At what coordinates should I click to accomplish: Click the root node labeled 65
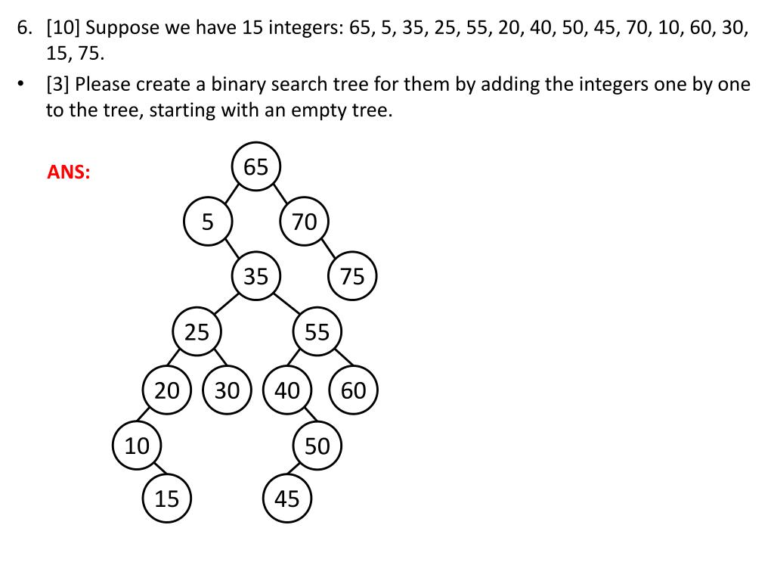(x=256, y=166)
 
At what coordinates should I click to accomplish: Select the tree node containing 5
(x=208, y=222)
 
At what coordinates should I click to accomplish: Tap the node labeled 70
(x=304, y=222)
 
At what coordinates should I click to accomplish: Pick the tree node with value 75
(x=352, y=277)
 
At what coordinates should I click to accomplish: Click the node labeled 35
(x=256, y=277)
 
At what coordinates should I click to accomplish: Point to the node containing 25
(x=197, y=332)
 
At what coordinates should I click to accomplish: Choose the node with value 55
(x=317, y=332)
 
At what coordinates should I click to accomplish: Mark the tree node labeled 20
(x=167, y=390)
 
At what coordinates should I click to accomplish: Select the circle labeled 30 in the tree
(x=227, y=390)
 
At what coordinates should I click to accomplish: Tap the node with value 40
(x=287, y=390)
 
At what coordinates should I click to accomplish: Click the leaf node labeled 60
(x=353, y=390)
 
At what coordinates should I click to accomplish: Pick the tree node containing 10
(x=137, y=446)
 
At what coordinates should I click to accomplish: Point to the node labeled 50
(x=317, y=446)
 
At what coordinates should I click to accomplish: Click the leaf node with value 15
(x=167, y=499)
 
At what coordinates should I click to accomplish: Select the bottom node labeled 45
(x=287, y=499)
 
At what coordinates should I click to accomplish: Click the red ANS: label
(x=69, y=172)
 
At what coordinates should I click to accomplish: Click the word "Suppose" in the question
(x=123, y=30)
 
